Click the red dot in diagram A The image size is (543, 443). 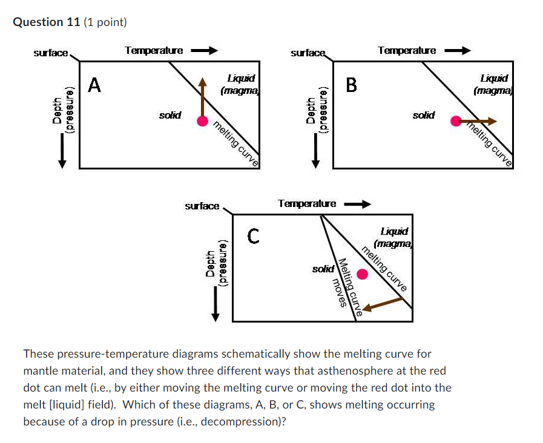coord(203,121)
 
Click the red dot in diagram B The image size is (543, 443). coord(456,121)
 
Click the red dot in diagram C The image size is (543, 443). coord(362,274)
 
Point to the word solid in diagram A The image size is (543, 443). coord(169,115)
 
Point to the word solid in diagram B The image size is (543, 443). coord(423,115)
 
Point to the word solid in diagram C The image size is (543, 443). coord(322,268)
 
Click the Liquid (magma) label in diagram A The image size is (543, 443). coord(240,84)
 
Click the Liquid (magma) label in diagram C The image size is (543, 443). coord(393,237)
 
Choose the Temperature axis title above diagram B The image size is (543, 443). coord(406,51)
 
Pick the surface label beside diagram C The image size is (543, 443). coord(202,206)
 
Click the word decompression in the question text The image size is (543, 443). coord(241,422)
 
